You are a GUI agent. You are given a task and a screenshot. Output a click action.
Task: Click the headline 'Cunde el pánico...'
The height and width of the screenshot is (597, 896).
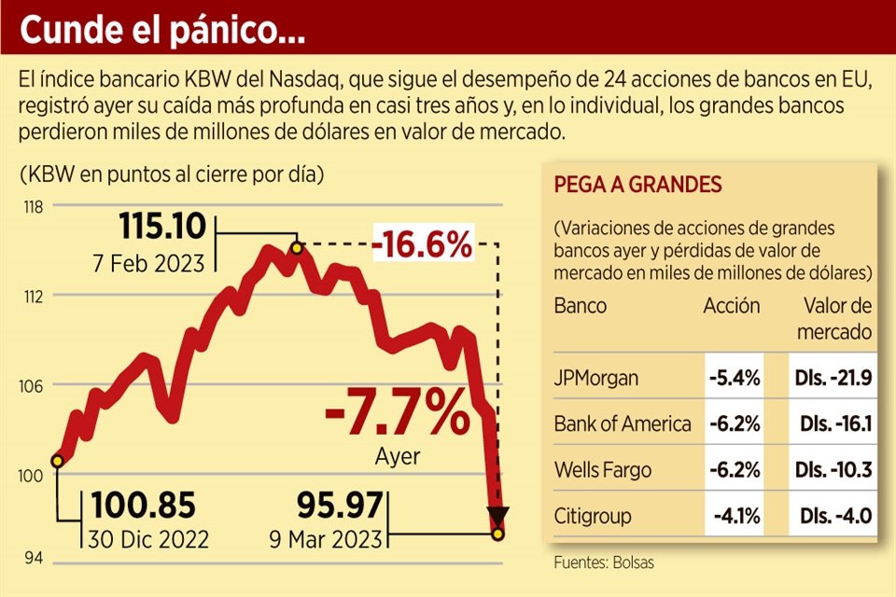(x=161, y=31)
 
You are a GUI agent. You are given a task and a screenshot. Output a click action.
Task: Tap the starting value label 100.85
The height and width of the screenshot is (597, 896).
(x=144, y=506)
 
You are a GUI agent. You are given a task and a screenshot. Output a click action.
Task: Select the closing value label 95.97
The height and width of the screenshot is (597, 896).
(x=339, y=506)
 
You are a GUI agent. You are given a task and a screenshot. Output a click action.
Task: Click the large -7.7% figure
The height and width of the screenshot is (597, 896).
(x=397, y=413)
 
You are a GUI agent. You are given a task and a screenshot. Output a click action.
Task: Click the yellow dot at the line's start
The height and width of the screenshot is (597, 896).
(x=57, y=461)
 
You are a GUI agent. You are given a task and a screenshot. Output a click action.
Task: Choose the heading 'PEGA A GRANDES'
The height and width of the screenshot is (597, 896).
(x=637, y=185)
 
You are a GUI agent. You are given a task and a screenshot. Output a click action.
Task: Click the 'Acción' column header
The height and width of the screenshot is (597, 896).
(x=732, y=306)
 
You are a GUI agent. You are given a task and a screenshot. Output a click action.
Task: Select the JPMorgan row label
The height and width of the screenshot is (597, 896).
(x=596, y=378)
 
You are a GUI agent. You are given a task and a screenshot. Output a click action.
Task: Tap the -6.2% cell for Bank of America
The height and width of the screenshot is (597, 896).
(x=733, y=423)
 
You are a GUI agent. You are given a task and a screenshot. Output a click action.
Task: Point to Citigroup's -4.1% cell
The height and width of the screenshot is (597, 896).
(x=735, y=515)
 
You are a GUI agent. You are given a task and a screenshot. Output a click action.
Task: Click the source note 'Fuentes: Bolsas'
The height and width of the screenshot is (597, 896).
(x=604, y=564)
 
